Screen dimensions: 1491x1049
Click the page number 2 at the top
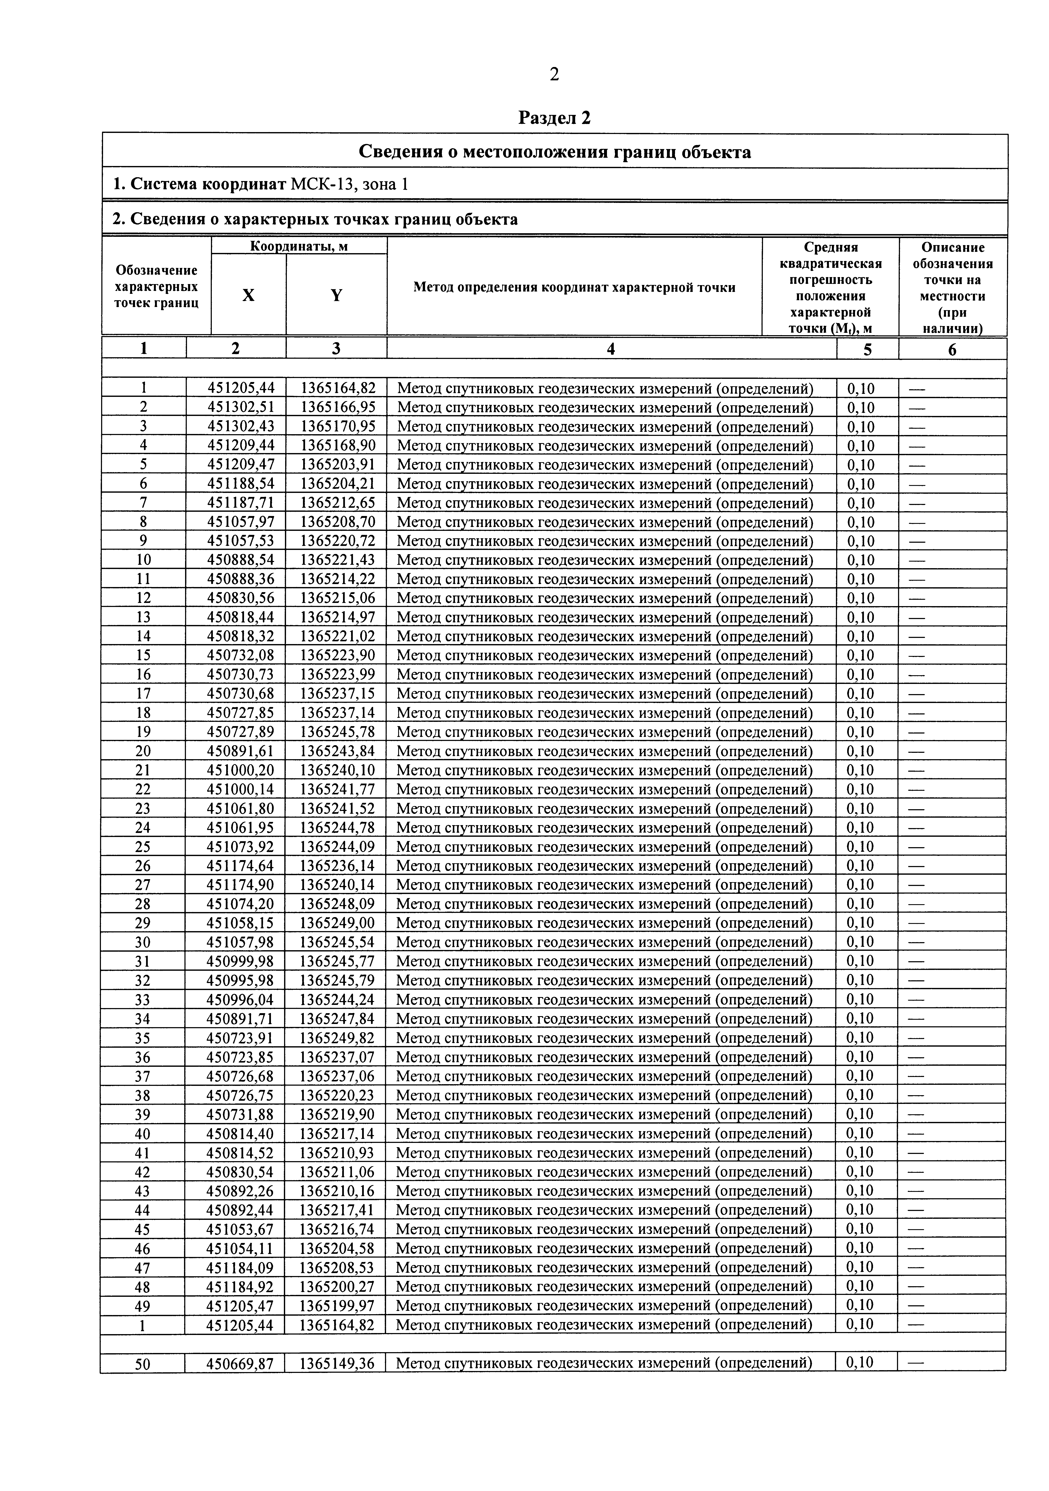point(553,75)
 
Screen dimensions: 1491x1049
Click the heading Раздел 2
point(554,118)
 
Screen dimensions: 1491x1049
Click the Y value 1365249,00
point(337,923)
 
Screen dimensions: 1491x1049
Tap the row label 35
point(143,1038)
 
